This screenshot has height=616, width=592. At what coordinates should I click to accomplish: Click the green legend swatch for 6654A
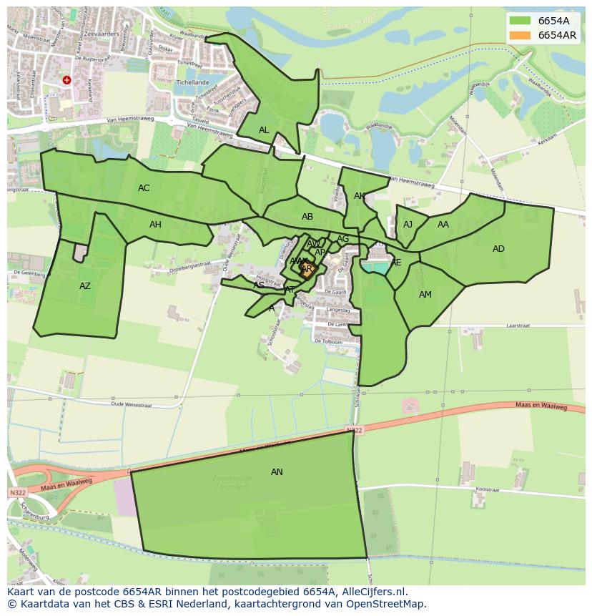[x=520, y=21]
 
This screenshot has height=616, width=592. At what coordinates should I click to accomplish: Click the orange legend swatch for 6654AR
[x=520, y=35]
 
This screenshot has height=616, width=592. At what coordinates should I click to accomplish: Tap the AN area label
[x=277, y=472]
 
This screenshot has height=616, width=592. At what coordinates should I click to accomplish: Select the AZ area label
[x=85, y=286]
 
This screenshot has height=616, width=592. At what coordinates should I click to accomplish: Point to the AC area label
[x=144, y=188]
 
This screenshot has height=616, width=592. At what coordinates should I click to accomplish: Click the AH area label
[x=155, y=225]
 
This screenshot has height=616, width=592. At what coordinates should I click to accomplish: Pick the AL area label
[x=264, y=130]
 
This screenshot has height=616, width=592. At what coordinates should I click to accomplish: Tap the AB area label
[x=307, y=217]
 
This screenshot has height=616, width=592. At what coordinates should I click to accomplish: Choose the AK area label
[x=360, y=196]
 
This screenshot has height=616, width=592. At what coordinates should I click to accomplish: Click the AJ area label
[x=408, y=225]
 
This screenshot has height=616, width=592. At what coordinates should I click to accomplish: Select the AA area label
[x=443, y=225]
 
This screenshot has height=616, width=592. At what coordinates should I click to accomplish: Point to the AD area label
[x=498, y=249]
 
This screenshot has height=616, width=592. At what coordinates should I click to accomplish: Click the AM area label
[x=425, y=295]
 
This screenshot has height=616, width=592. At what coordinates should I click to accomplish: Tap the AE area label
[x=396, y=263]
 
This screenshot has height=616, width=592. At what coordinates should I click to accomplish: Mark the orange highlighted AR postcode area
[x=307, y=270]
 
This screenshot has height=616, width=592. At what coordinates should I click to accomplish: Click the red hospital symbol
[x=66, y=80]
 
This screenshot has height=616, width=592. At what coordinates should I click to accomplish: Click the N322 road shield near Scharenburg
[x=17, y=493]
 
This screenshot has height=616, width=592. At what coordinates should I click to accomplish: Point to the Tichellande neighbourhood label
[x=192, y=82]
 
